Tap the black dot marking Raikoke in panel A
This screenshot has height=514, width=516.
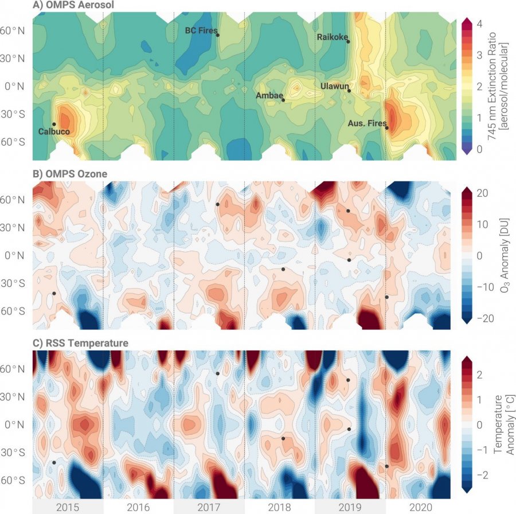pyautogui.click(x=348, y=41)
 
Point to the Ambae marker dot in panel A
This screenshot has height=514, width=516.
pyautogui.click(x=283, y=100)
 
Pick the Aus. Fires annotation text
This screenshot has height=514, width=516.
pyautogui.click(x=367, y=123)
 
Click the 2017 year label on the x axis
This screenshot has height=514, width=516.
pyautogui.click(x=209, y=507)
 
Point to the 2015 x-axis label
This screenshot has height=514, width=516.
pyautogui.click(x=68, y=507)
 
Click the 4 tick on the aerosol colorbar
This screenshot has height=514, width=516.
pyautogui.click(x=479, y=24)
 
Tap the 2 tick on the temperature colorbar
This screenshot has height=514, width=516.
pyautogui.click(x=479, y=375)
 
